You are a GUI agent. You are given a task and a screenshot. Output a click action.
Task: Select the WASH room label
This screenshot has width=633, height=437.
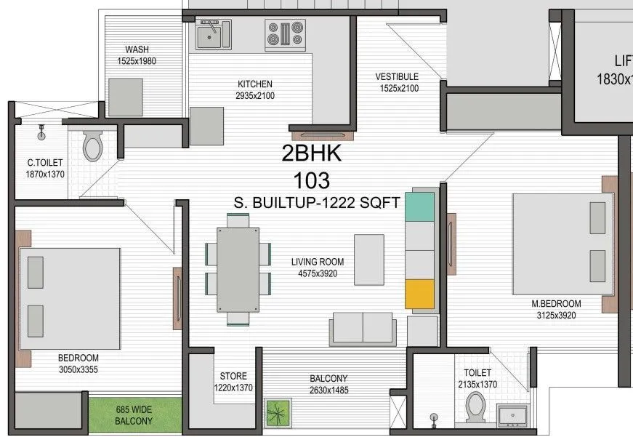coord(137,49)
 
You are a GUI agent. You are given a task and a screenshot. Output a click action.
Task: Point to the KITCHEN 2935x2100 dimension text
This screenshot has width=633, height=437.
coord(254,96)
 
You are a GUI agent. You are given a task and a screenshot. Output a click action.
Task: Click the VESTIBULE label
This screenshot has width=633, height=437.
coord(397,76)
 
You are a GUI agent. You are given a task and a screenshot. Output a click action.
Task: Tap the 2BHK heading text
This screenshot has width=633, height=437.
coord(311,153)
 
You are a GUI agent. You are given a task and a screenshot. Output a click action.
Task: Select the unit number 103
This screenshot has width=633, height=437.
coord(311,179)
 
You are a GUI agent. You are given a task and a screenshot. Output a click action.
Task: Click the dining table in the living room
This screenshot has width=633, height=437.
coord(238,268)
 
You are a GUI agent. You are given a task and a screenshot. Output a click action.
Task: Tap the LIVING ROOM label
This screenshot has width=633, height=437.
coord(318,262)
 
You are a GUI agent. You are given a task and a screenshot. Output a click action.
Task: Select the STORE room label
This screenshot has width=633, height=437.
coord(234,377)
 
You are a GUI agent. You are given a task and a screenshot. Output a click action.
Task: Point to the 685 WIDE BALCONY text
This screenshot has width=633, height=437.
coord(134,415)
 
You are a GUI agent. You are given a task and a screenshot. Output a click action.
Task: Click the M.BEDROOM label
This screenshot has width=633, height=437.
coord(556,303)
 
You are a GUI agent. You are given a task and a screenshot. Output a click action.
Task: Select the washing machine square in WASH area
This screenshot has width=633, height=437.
coord(126,96)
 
